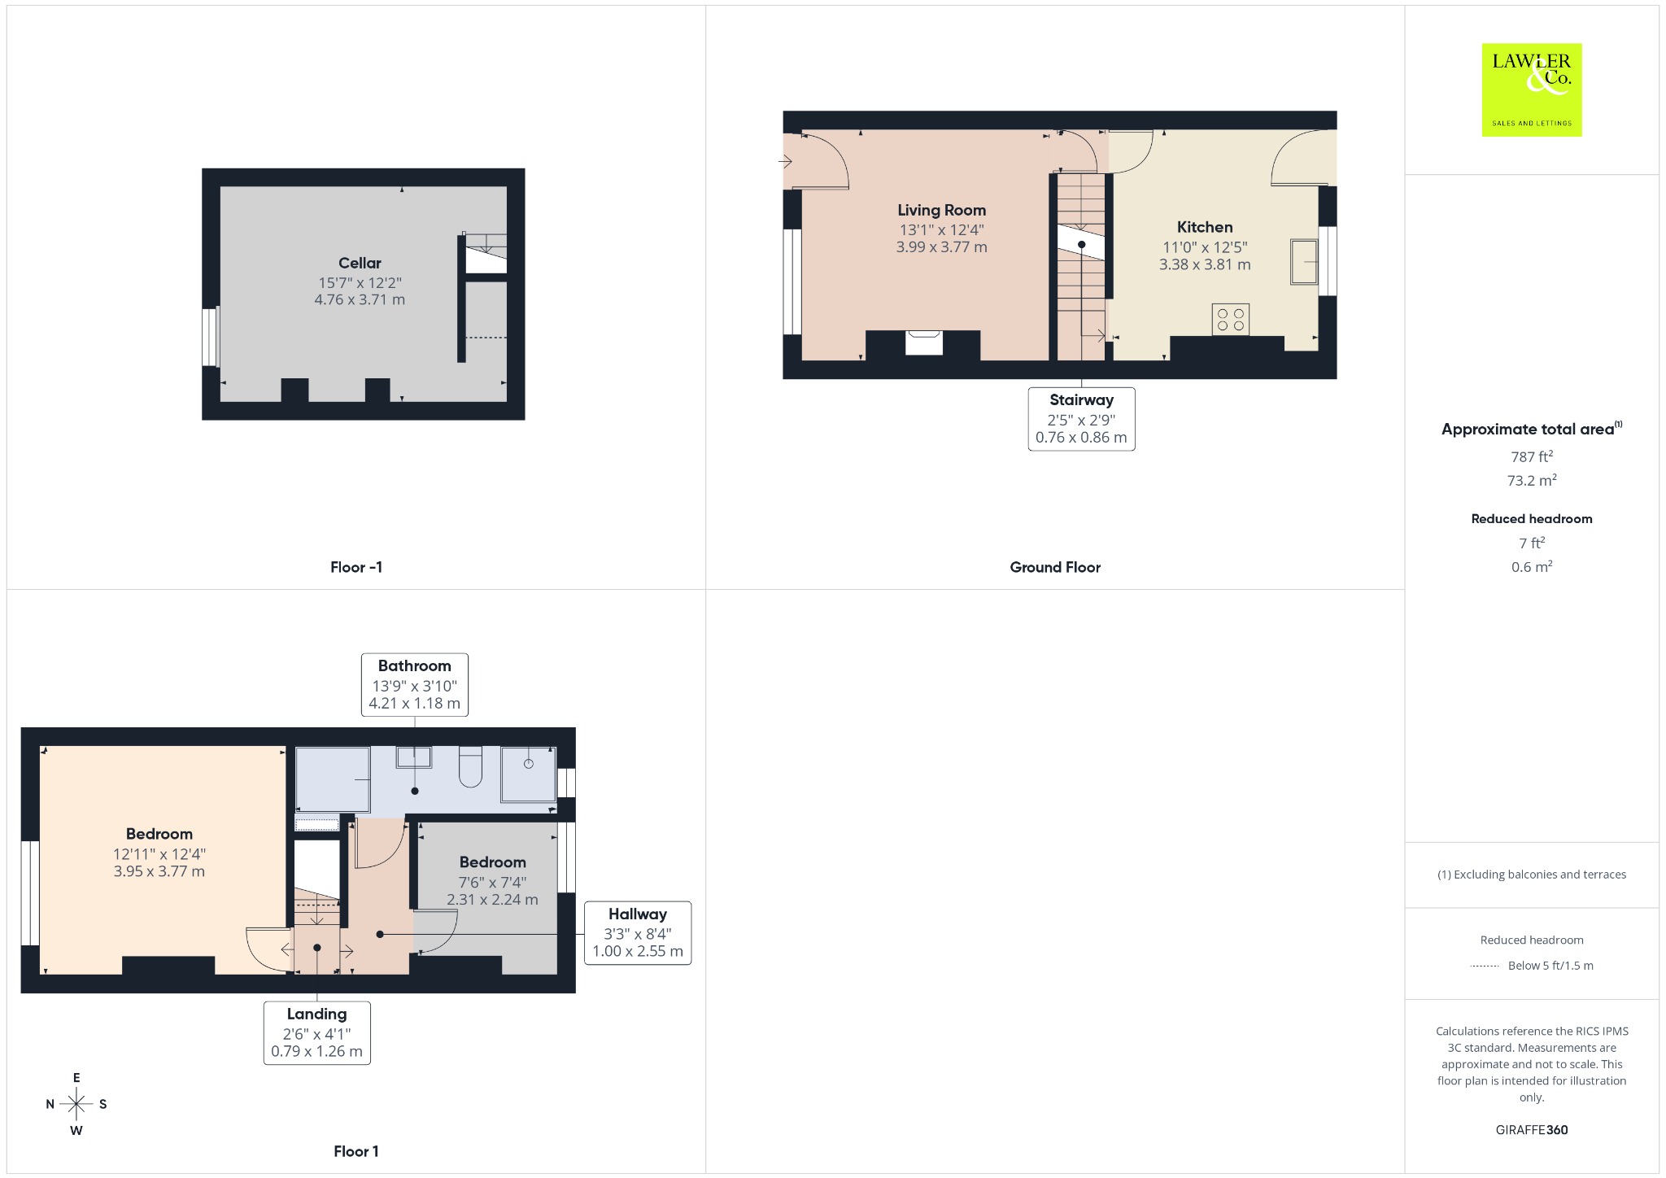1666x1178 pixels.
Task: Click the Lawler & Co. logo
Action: pos(1531,89)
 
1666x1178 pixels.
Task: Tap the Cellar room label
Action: pos(360,263)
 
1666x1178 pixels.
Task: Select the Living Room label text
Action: pos(941,211)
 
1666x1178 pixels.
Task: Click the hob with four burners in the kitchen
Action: pos(1230,319)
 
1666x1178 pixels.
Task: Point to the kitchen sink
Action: pos(1303,261)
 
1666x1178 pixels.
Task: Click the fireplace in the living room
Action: pos(924,342)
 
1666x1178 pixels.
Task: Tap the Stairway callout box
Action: pos(1081,419)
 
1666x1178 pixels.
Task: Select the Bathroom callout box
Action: pos(415,684)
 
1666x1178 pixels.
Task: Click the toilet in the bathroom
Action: pos(471,766)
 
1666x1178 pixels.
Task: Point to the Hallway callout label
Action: pos(638,932)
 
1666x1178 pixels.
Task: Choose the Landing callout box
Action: pos(316,1032)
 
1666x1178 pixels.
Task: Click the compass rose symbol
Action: pos(76,1104)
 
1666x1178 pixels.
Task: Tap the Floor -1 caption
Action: pos(356,567)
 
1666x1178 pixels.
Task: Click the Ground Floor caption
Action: pos(1055,567)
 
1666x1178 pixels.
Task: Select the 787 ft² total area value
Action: pos(1532,456)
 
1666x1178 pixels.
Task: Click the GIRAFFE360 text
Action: pos(1532,1129)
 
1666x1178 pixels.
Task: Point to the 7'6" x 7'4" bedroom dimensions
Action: pos(492,882)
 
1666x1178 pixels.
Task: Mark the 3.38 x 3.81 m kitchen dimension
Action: pos(1205,264)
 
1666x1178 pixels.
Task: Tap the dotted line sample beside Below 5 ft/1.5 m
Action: pos(1485,966)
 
